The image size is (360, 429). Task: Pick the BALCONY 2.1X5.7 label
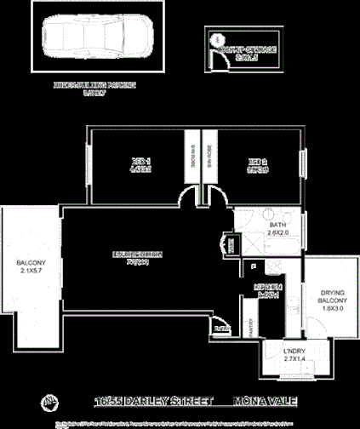[30, 268]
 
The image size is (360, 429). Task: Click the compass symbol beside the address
[50, 400]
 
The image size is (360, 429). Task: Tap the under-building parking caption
[94, 88]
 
